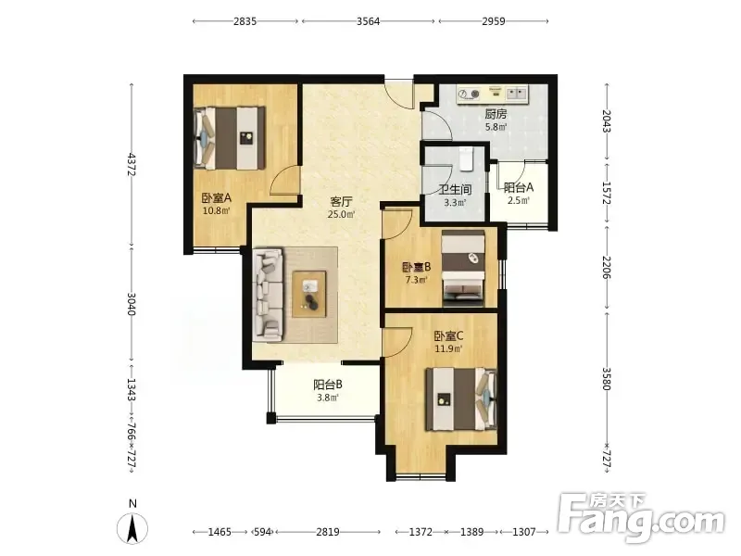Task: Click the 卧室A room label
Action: coord(217,198)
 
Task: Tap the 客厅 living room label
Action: coord(341,202)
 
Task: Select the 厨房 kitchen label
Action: coord(496,114)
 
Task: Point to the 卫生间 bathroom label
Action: coord(455,190)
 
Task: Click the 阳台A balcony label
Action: coord(519,188)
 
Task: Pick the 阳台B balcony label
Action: coord(328,385)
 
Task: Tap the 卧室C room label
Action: coord(448,336)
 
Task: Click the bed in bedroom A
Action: coord(229,137)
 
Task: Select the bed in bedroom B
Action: coord(463,269)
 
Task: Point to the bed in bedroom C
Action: coord(461,399)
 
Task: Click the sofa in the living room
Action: coord(269,295)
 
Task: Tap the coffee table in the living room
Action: coord(309,294)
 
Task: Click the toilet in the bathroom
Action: coord(466,158)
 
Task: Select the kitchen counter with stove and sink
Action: coord(492,95)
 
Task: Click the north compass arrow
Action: coord(132,527)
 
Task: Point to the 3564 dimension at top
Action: coord(368,21)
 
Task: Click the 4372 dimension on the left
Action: coord(132,165)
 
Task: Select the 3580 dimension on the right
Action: coord(608,380)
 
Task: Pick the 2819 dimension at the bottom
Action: coord(328,532)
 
